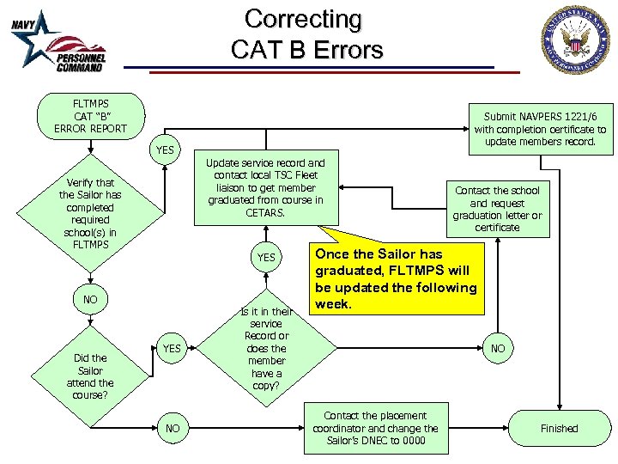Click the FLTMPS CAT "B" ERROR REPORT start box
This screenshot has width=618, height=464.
pyautogui.click(x=89, y=116)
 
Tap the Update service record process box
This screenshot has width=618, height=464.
pyautogui.click(x=266, y=187)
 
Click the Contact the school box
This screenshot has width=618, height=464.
pyautogui.click(x=497, y=209)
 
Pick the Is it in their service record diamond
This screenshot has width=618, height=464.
pyautogui.click(x=266, y=348)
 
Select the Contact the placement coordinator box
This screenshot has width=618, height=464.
pyautogui.click(x=375, y=428)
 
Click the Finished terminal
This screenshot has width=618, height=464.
pyautogui.click(x=559, y=428)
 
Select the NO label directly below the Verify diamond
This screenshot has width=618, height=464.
pyautogui.click(x=90, y=299)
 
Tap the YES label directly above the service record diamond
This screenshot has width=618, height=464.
pyautogui.click(x=267, y=257)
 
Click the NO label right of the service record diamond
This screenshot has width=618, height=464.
pyautogui.click(x=498, y=349)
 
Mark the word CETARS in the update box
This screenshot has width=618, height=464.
pyautogui.click(x=265, y=213)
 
